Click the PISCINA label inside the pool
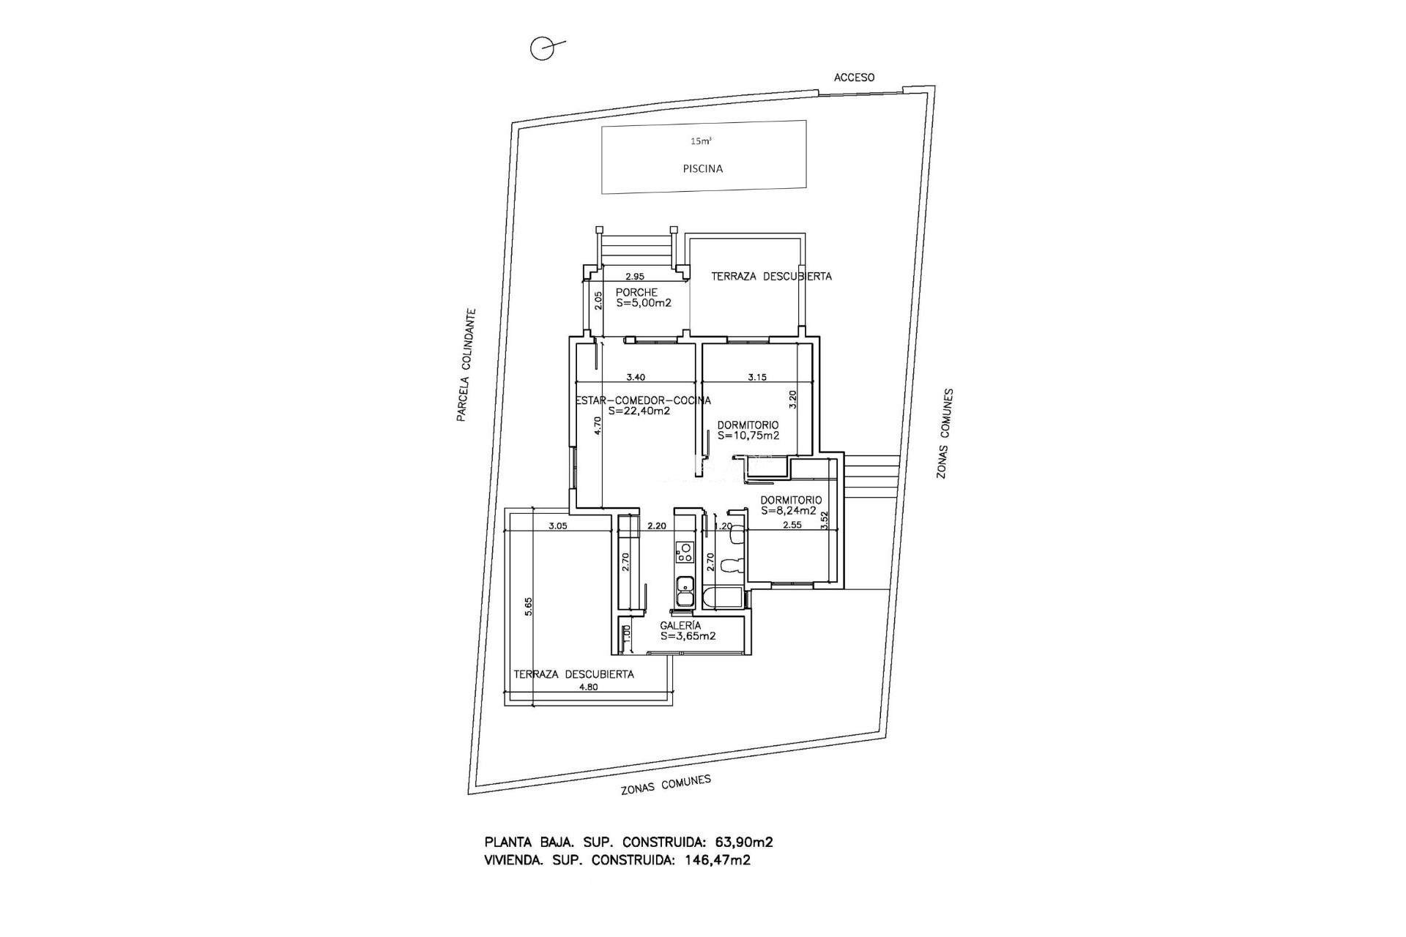tap(702, 168)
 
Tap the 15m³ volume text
tap(702, 141)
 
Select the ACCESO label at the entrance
tap(855, 77)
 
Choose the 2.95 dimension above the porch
tap(634, 277)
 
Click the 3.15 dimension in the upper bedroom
tap(757, 378)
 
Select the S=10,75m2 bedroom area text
tap(748, 435)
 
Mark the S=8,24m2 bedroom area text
tap(789, 511)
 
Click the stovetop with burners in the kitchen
tap(171, 551)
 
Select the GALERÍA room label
tap(680, 625)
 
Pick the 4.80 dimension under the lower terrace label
tap(589, 687)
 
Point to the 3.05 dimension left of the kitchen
tap(558, 526)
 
